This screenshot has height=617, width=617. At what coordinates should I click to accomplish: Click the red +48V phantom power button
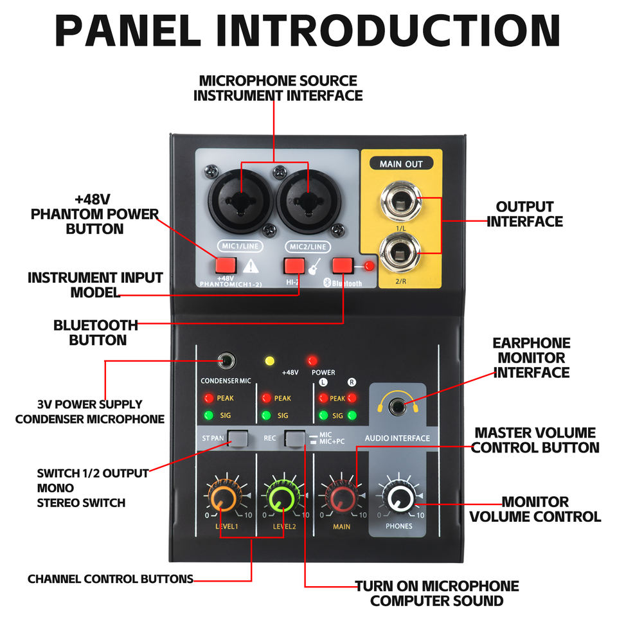pyautogui.click(x=226, y=265)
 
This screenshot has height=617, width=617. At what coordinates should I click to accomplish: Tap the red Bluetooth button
pyautogui.click(x=343, y=265)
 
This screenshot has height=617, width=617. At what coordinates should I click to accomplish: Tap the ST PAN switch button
pyautogui.click(x=238, y=438)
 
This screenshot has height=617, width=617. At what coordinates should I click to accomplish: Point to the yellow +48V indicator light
pyautogui.click(x=270, y=361)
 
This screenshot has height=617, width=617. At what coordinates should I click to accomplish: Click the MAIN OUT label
pyautogui.click(x=401, y=164)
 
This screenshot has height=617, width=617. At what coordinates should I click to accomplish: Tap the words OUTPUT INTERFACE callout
pyautogui.click(x=524, y=214)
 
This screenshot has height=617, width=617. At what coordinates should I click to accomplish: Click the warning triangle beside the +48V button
pyautogui.click(x=254, y=265)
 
